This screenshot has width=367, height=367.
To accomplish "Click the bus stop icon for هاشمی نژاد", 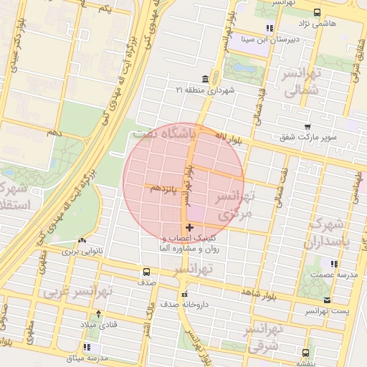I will coord(318,12).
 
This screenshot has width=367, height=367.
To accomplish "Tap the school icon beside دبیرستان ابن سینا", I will coord(270,29).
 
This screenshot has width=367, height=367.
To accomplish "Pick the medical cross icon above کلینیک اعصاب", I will coord(189,227).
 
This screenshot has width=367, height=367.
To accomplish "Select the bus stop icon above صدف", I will coord(146,272).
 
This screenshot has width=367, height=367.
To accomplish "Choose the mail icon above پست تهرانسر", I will coord(328,300).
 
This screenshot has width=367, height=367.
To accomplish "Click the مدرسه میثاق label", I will coord(86,357).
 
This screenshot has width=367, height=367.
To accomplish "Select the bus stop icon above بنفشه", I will coord(306,353).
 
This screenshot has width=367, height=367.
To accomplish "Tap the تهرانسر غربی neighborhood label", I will coord(79,292).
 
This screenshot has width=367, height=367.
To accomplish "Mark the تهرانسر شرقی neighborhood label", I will coord(264,337).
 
